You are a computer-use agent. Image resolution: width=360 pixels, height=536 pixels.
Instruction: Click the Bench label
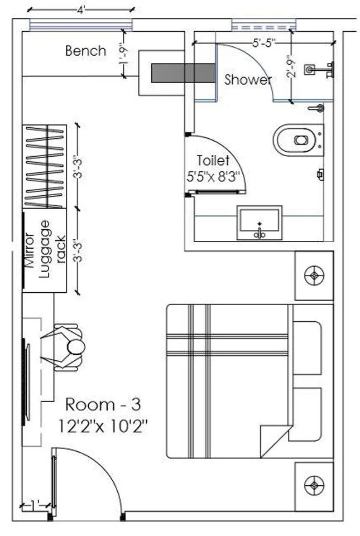pyautogui.click(x=85, y=51)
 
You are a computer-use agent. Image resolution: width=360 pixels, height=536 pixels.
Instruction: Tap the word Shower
pyautogui.click(x=248, y=80)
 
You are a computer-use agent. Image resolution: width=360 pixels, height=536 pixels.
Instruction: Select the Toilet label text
pyautogui.click(x=213, y=160)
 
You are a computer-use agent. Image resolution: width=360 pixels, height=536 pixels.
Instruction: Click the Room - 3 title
pyautogui.click(x=103, y=404)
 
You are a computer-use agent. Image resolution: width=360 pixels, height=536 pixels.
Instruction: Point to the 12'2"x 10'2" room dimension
pyautogui.click(x=103, y=426)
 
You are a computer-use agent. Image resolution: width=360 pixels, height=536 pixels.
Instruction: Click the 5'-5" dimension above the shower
pyautogui.click(x=264, y=43)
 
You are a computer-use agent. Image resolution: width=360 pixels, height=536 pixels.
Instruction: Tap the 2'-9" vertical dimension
pyautogui.click(x=291, y=66)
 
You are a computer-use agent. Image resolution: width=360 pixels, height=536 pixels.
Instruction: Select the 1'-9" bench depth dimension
pyautogui.click(x=123, y=54)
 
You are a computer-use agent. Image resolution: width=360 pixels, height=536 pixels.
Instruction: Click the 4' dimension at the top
pyautogui.click(x=80, y=10)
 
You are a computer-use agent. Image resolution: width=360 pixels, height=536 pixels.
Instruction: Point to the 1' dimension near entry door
pyautogui.click(x=35, y=504)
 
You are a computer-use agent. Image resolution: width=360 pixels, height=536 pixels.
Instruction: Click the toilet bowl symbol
pyautogui.click(x=298, y=140)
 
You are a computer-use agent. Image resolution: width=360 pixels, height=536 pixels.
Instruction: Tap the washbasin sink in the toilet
pyautogui.click(x=260, y=223)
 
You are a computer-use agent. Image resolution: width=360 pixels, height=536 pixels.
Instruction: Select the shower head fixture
pyautogui.click(x=319, y=70)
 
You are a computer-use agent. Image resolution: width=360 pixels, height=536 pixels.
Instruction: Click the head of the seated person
pyautogui.click(x=76, y=347)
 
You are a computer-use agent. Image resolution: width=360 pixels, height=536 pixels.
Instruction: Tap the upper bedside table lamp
pyautogui.click(x=314, y=275)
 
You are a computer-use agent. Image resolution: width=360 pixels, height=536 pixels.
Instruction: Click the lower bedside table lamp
pyautogui.click(x=314, y=485)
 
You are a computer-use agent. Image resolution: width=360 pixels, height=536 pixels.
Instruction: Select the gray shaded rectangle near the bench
pyautogui.click(x=184, y=73)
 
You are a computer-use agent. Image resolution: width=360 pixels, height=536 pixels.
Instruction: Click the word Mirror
pyautogui.click(x=29, y=250)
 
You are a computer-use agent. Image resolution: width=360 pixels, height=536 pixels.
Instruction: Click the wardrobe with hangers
pyautogui.click(x=45, y=166)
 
